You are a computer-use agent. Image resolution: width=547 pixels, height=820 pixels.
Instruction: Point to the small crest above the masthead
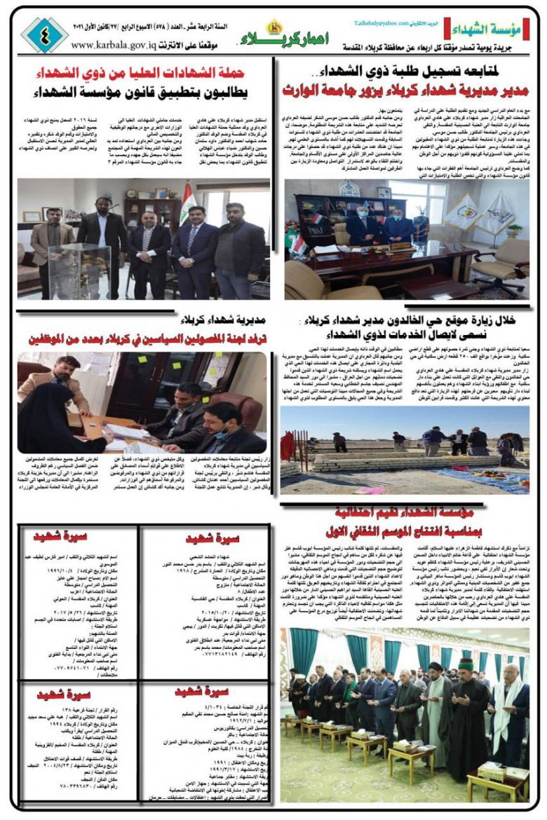[274, 25]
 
